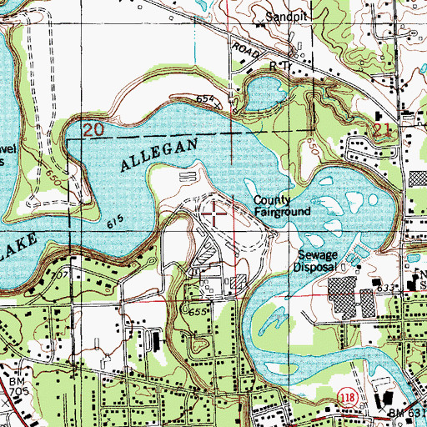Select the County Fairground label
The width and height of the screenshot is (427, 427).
282,206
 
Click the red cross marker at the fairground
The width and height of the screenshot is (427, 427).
213,213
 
